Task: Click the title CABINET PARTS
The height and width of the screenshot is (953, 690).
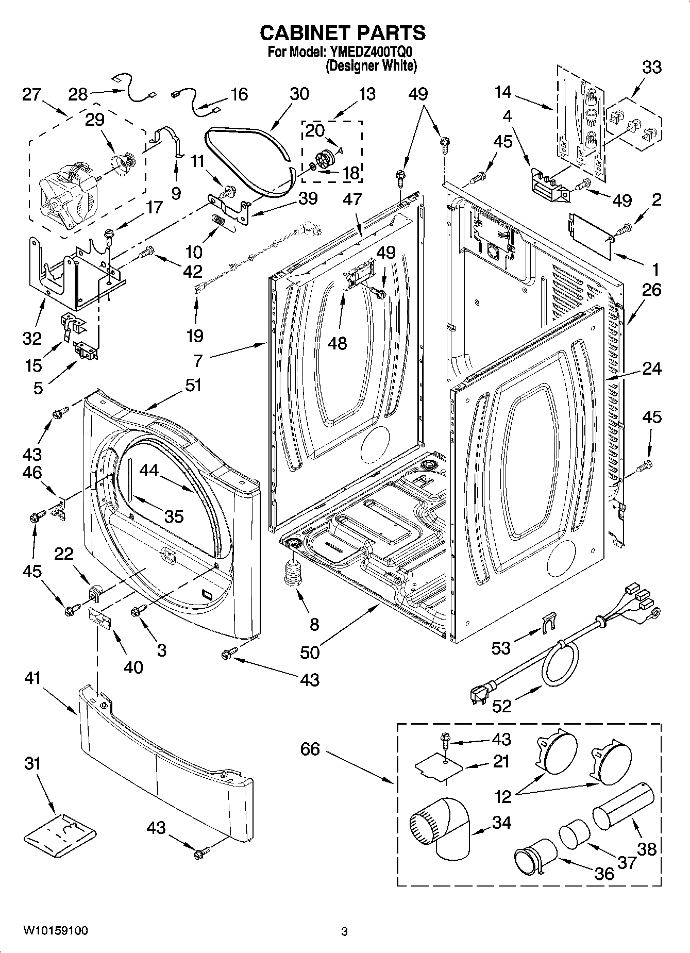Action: (x=343, y=32)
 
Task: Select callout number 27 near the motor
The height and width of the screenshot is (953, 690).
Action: (x=32, y=95)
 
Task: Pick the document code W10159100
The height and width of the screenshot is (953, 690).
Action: (x=55, y=930)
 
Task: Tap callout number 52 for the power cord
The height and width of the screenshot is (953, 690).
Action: (x=501, y=705)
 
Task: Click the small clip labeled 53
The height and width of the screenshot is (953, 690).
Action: (x=550, y=622)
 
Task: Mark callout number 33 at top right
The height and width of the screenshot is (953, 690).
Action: (x=652, y=67)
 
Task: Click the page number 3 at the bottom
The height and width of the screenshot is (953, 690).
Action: (x=344, y=931)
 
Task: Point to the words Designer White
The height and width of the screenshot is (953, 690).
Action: (x=371, y=66)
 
